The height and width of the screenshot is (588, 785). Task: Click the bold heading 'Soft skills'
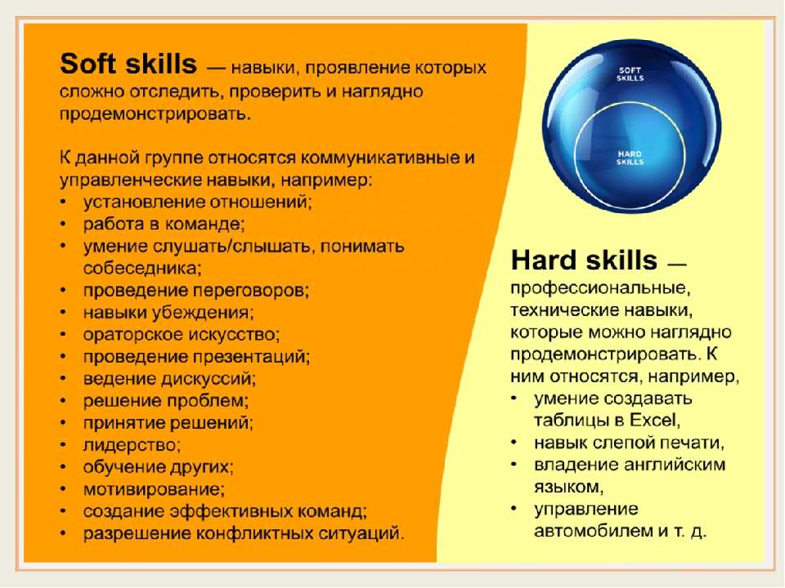tap(128, 64)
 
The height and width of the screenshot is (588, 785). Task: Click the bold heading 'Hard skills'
tap(584, 261)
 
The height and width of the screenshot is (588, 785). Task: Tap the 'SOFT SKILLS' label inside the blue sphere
tap(630, 74)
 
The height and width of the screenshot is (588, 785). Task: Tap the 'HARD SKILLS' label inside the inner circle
tap(630, 158)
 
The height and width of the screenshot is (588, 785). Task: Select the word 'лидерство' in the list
tap(130, 444)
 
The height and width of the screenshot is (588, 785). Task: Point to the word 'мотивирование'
tap(152, 488)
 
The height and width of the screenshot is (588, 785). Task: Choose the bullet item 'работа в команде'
tap(164, 224)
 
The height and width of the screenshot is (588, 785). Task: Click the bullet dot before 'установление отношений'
tap(63, 202)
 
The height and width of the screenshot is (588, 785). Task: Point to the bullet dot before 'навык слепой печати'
tap(514, 443)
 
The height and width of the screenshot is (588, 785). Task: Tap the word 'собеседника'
tap(141, 269)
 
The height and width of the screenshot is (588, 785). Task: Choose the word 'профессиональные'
tap(600, 288)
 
